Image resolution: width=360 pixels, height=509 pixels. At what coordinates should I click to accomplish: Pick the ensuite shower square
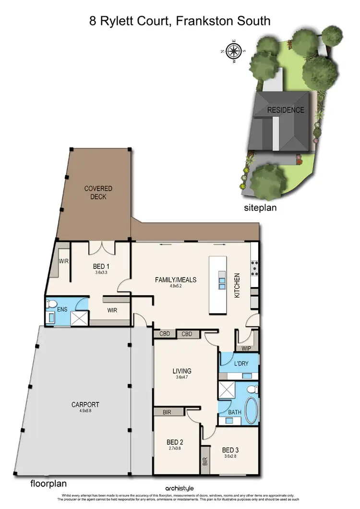[x=79, y=318]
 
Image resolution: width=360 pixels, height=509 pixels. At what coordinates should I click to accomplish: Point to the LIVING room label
[x=182, y=371]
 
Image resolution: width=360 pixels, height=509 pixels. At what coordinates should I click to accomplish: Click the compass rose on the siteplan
[x=234, y=50]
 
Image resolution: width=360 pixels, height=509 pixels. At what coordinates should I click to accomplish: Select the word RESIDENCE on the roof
[x=286, y=110]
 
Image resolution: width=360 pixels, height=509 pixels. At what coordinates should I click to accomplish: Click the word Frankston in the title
[x=197, y=21]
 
